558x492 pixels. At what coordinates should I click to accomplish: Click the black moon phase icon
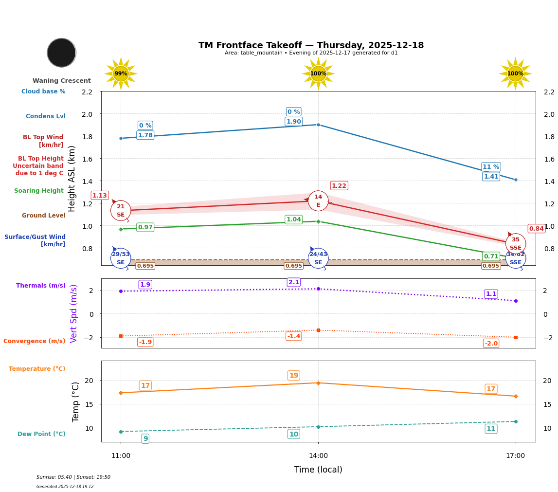point(61,53)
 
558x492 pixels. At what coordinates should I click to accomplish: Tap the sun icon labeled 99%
point(121,73)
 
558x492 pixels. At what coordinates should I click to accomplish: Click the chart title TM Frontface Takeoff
point(311,45)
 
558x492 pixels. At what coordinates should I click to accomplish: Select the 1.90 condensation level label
point(293,122)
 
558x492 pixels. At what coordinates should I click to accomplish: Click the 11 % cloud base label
point(491,167)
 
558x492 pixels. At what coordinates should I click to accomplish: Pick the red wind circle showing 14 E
point(318,200)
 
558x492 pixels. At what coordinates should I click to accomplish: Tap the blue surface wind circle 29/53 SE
point(121,258)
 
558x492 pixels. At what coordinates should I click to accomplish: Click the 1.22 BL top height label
point(339,185)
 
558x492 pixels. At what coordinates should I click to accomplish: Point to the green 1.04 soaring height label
point(293,219)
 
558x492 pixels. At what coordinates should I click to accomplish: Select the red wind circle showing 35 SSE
point(515,243)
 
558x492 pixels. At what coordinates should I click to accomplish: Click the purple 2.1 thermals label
point(293,282)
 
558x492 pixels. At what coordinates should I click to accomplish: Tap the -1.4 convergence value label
point(293,336)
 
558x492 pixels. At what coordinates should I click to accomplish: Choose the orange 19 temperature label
point(293,375)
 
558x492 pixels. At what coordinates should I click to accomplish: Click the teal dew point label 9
point(145,438)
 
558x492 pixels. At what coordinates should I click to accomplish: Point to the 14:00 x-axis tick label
point(318,456)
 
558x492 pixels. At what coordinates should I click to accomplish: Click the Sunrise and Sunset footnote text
point(73,477)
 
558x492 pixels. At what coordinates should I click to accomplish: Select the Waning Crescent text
point(61,81)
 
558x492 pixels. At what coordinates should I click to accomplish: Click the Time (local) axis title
point(318,470)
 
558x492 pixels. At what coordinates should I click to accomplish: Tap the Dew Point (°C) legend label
point(41,434)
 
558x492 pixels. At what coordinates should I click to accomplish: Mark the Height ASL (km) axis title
point(72,178)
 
